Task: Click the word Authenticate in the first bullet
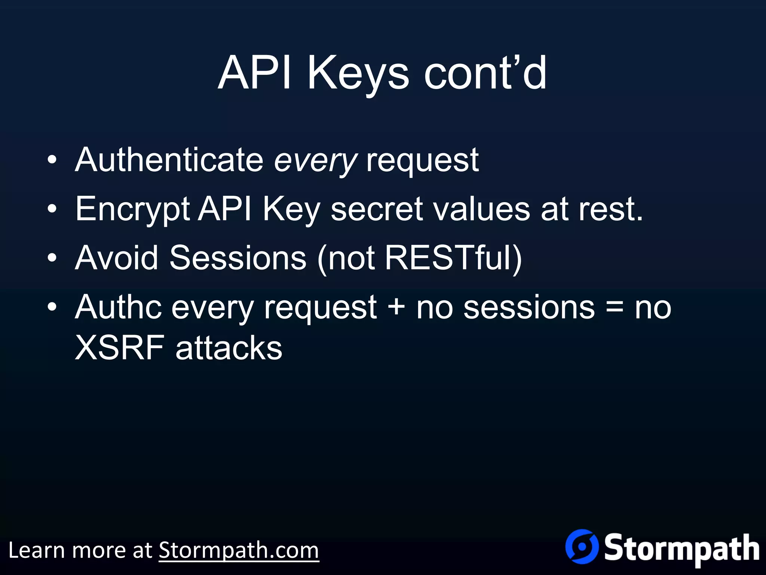[169, 160]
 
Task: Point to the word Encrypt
[132, 210]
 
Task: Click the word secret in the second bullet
[377, 209]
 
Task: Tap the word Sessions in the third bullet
[238, 258]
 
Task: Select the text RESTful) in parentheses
[453, 258]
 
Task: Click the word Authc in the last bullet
[118, 307]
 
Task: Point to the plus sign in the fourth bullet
[396, 307]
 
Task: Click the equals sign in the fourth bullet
[615, 307]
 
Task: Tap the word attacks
[229, 348]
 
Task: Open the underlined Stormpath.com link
[239, 550]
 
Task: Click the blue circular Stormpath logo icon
[582, 547]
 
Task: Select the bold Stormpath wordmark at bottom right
[681, 549]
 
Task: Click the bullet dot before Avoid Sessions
[52, 258]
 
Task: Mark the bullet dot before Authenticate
[52, 160]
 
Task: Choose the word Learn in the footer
[36, 550]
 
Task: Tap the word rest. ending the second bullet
[610, 209]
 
